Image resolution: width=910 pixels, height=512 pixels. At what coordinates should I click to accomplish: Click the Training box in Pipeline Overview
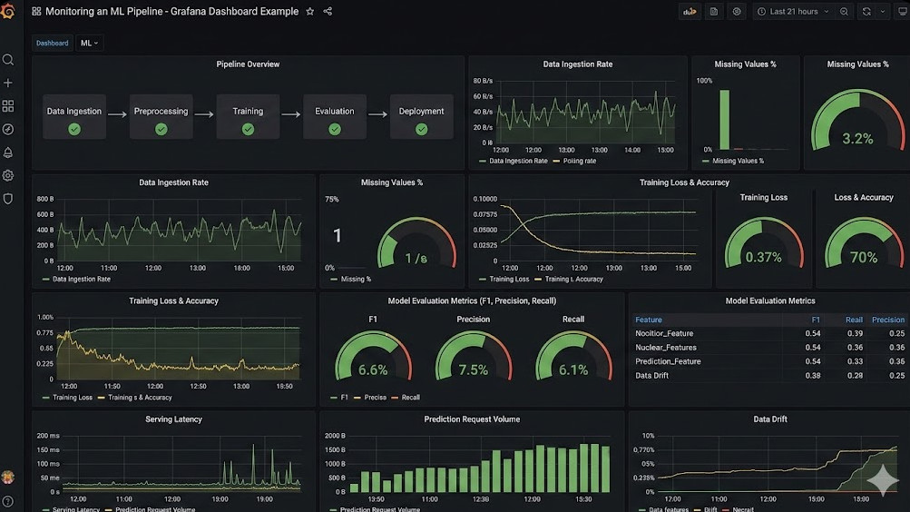pos(248,116)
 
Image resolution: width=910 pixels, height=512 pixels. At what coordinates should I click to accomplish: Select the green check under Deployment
pos(421,130)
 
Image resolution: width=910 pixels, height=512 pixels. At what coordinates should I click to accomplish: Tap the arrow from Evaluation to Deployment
pos(377,114)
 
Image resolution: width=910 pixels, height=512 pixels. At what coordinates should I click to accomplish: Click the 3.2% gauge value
pos(857,139)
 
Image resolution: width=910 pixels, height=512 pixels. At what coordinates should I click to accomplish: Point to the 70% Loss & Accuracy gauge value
pos(863,258)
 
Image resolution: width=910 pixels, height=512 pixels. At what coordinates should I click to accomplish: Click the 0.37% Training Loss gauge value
pos(763,258)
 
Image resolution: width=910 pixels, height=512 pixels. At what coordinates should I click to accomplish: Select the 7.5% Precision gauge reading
pos(473,370)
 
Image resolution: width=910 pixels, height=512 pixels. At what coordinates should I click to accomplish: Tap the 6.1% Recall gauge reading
pos(573,370)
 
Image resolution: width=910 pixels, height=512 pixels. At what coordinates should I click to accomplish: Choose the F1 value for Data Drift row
pos(813,376)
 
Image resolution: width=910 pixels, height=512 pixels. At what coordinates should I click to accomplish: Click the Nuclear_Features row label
pos(666,348)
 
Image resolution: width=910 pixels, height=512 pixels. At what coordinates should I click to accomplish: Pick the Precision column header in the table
pos(887,320)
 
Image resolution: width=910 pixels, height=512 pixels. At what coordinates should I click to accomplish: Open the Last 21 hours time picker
pos(793,12)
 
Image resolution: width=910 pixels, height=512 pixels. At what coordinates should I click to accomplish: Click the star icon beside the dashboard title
pos(310,12)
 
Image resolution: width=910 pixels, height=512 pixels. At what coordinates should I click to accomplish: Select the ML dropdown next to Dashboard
pos(89,43)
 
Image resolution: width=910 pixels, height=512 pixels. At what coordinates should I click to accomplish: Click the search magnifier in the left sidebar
pos(8,60)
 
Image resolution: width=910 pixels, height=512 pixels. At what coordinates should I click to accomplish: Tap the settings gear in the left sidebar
pos(8,175)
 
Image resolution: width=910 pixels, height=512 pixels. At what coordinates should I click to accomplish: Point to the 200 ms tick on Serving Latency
pos(49,436)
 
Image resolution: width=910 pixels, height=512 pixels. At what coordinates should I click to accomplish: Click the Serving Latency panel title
pos(173,419)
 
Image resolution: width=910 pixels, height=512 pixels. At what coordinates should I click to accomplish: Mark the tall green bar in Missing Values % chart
pos(724,119)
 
